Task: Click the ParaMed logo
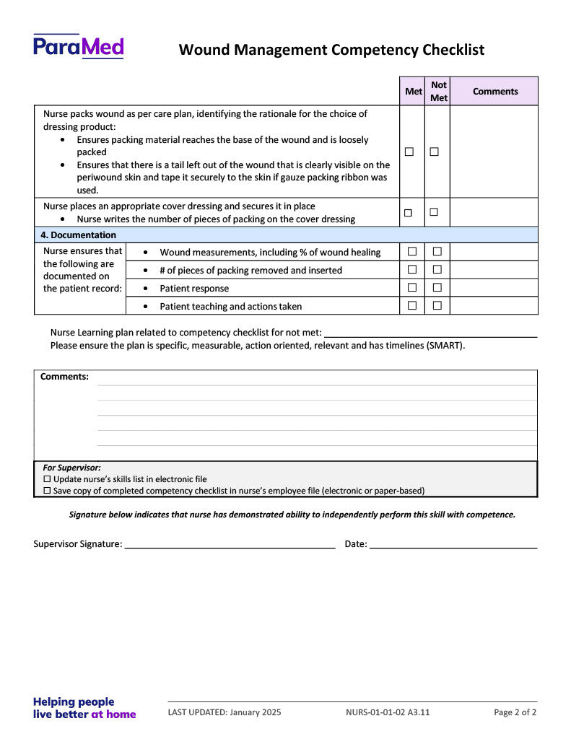point(78,47)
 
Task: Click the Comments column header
point(495,92)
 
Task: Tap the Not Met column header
point(438,92)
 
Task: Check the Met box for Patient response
point(412,287)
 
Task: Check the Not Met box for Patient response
point(437,287)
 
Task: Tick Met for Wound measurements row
point(412,251)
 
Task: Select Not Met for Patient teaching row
point(437,305)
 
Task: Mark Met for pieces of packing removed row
point(412,269)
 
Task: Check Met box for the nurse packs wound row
point(409,152)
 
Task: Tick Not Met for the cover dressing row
point(434,212)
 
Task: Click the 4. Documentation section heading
point(78,235)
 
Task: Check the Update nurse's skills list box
point(48,479)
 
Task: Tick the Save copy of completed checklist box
point(48,491)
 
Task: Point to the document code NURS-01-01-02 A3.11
point(388,713)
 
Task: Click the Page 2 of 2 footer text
point(515,713)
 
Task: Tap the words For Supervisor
point(71,468)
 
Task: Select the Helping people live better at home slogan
point(84,708)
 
